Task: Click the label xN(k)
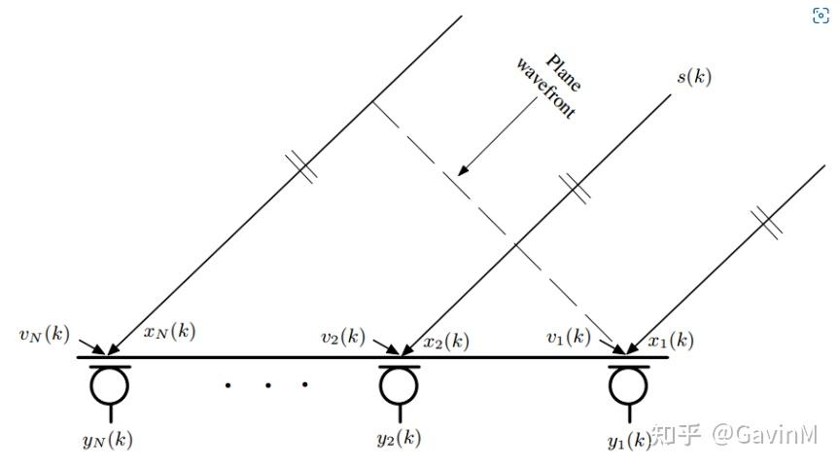pyautogui.click(x=169, y=331)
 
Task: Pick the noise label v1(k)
pyautogui.click(x=569, y=338)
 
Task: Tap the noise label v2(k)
pyautogui.click(x=343, y=338)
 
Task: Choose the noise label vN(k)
pyautogui.click(x=42, y=336)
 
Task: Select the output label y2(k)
pyautogui.click(x=399, y=438)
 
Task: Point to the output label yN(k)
pyautogui.click(x=108, y=439)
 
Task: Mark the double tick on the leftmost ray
pyautogui.click(x=304, y=168)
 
